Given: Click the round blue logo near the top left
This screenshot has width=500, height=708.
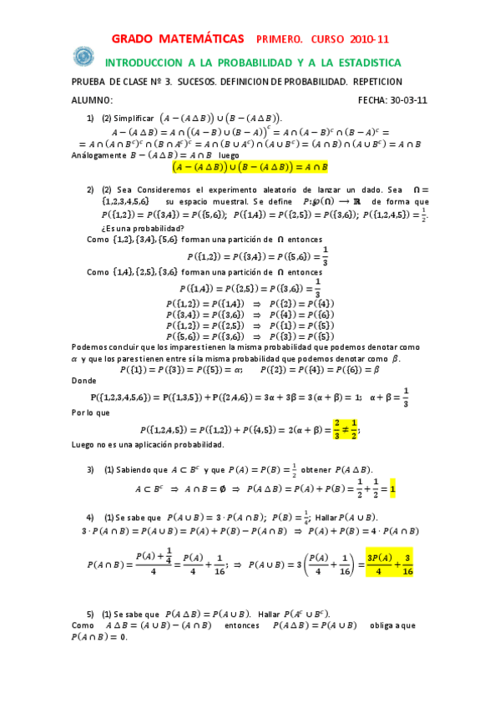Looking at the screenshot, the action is pyautogui.click(x=83, y=56).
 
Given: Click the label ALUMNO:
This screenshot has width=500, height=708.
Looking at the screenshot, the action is pyautogui.click(x=93, y=99).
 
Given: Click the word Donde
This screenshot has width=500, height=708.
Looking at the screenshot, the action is pyautogui.click(x=85, y=380).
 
